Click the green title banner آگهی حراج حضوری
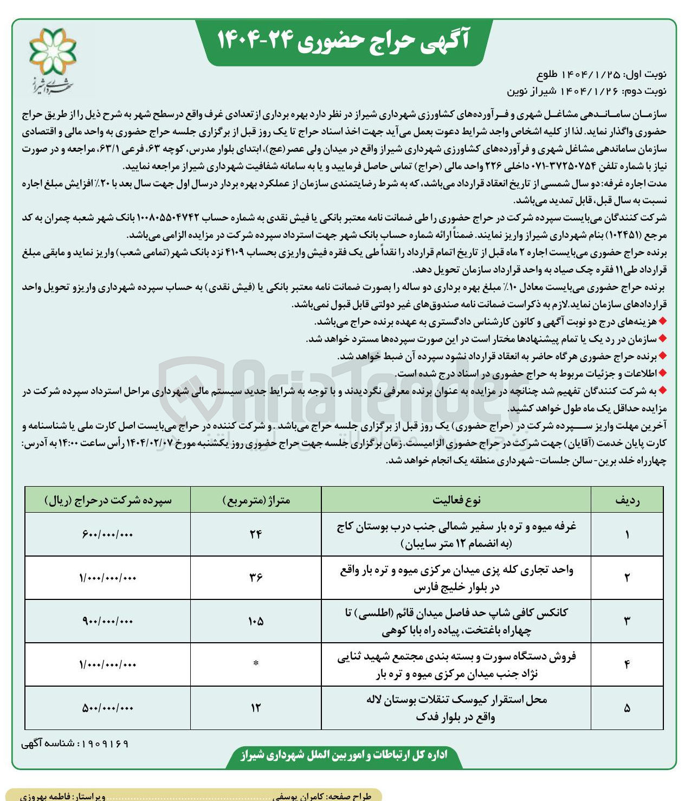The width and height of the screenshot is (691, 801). [x=344, y=41]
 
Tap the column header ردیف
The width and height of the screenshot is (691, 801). [x=627, y=500]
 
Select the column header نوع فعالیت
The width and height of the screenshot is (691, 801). [x=456, y=500]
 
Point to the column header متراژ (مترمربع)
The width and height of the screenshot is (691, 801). [x=256, y=500]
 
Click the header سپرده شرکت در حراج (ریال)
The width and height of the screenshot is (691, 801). [x=108, y=500]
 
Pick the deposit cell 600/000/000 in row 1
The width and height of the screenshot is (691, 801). [x=108, y=534]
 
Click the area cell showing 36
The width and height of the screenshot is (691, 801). [x=256, y=578]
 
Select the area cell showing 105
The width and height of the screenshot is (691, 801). [x=256, y=621]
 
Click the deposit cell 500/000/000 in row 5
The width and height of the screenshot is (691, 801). [x=108, y=708]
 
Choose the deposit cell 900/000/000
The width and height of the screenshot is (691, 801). [x=108, y=621]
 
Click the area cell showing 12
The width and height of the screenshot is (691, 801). [x=256, y=708]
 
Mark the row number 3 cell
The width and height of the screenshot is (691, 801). [x=627, y=621]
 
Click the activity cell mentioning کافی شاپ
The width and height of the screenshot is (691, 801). [x=456, y=621]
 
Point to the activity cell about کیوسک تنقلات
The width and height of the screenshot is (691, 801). [x=456, y=708]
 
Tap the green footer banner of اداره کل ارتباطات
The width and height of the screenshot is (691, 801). [x=344, y=755]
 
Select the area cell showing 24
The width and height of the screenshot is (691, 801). [x=256, y=534]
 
